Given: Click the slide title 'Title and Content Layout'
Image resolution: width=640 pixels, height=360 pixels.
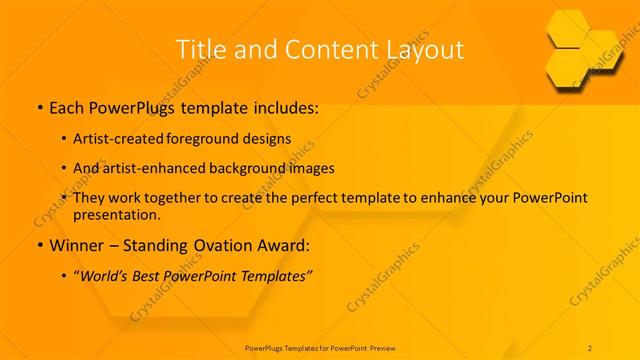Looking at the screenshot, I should coord(319,49).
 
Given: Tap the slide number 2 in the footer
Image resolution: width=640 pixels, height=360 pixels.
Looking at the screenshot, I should coord(590,347).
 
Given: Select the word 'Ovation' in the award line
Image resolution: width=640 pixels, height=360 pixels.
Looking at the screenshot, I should coord(217,245).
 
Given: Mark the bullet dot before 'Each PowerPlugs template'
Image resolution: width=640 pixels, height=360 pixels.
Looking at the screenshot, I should coord(39,106).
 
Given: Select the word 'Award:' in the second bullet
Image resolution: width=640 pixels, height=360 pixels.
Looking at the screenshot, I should coord(276,245).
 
